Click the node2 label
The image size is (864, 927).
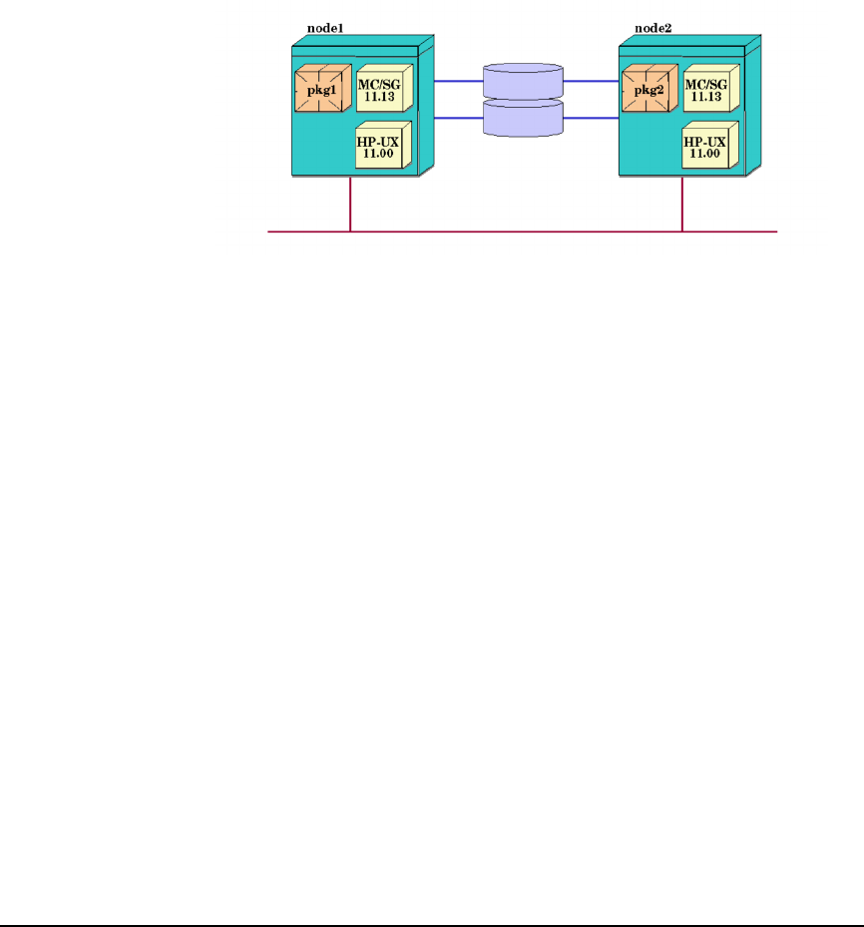click(x=653, y=29)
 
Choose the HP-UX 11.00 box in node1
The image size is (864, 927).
click(x=380, y=149)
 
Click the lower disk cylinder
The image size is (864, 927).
click(x=524, y=118)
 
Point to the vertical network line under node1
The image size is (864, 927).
click(x=350, y=205)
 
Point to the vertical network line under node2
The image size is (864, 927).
click(x=681, y=205)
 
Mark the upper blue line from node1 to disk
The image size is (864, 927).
click(x=458, y=82)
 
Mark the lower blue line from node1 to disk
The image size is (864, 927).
click(x=458, y=119)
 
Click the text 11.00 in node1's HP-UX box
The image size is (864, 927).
click(x=378, y=155)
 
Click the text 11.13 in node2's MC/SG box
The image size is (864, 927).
click(x=705, y=98)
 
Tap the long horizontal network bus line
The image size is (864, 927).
click(x=519, y=232)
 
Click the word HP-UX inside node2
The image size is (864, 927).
click(x=705, y=143)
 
